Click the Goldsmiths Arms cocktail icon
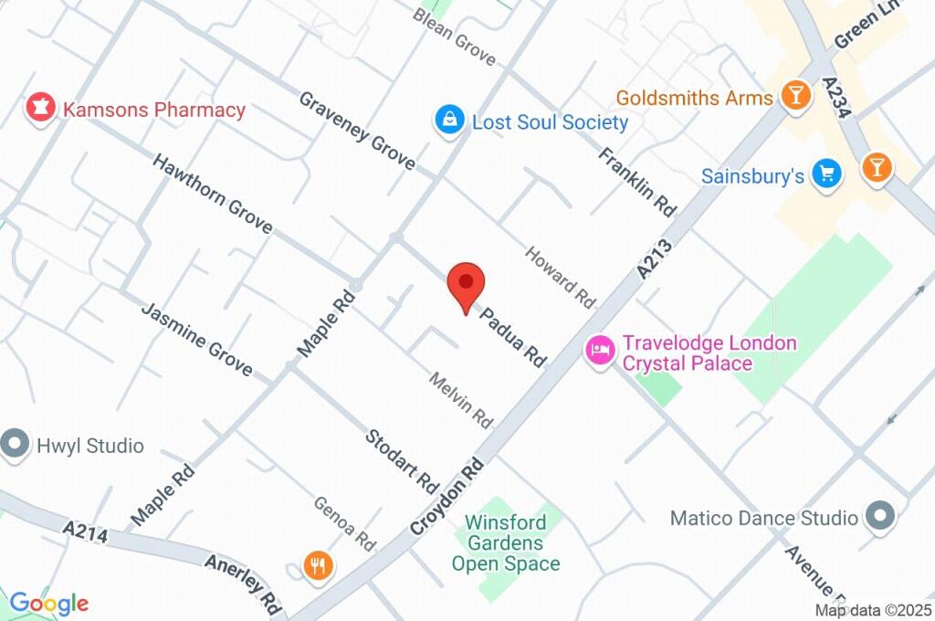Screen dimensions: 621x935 click(796, 95)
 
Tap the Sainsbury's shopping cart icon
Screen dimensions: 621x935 click(827, 174)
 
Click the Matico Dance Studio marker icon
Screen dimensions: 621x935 click(880, 517)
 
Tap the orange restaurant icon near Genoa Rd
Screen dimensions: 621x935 click(318, 566)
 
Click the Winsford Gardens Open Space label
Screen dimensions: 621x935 click(505, 542)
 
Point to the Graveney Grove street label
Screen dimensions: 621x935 click(357, 131)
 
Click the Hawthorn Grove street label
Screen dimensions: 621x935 click(212, 193)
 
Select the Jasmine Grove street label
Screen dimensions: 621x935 click(196, 338)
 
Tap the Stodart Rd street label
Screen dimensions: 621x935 click(402, 456)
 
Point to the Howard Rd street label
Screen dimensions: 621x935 click(560, 277)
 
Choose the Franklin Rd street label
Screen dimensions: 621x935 click(637, 182)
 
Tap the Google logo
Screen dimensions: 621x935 click(48, 604)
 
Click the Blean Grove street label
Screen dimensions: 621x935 click(454, 37)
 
